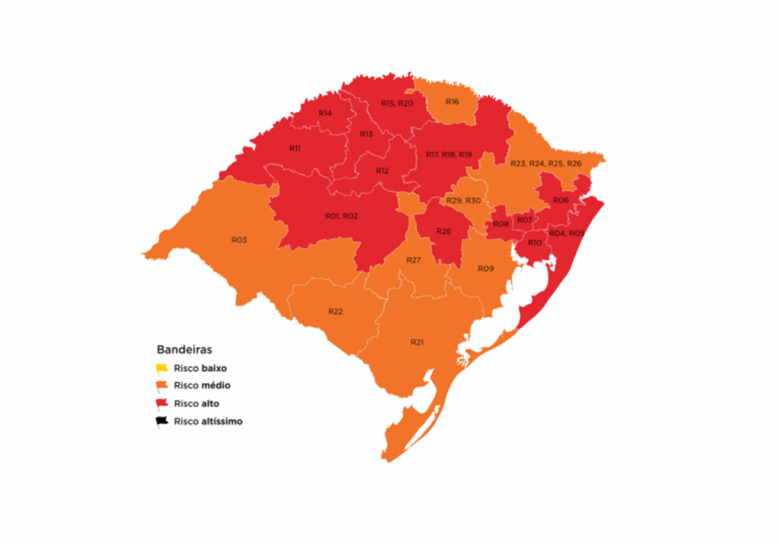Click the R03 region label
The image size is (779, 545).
[239, 240]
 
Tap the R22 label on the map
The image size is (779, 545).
[335, 312]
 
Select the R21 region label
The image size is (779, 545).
[417, 342]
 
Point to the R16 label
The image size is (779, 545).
[453, 102]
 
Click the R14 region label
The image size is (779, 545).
[325, 113]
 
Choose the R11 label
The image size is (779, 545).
[294, 148]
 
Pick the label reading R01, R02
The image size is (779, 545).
[342, 216]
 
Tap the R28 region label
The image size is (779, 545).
[444, 231]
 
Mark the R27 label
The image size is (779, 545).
[414, 260]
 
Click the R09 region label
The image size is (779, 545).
[485, 269]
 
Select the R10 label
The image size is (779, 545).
[534, 243]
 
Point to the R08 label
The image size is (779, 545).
[501, 224]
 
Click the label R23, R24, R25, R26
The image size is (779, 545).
[545, 164]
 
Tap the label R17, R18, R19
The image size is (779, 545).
[449, 155]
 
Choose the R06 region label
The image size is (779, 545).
[561, 200]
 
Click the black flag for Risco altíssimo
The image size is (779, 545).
[161, 422]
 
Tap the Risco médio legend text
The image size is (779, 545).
[202, 386]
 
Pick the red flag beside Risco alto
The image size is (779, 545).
[161, 403]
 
